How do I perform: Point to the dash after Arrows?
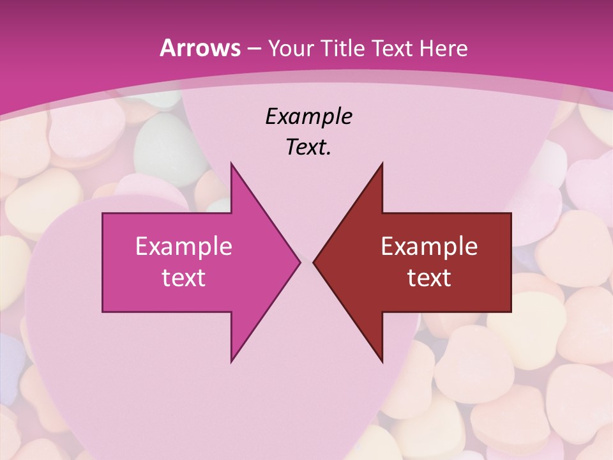253,49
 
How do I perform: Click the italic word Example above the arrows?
308,116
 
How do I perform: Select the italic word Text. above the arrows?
308,148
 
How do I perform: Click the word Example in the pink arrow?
184,246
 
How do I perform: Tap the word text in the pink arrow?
184,277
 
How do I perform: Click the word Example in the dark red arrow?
429,246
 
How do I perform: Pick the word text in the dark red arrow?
429,277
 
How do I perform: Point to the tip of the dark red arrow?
315,262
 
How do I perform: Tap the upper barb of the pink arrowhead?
232,167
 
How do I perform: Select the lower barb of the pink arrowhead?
232,358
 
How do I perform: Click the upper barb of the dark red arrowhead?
381,167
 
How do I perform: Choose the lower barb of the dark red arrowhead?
381,358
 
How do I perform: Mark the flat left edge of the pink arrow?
103,262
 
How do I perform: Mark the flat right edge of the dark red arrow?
510,262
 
